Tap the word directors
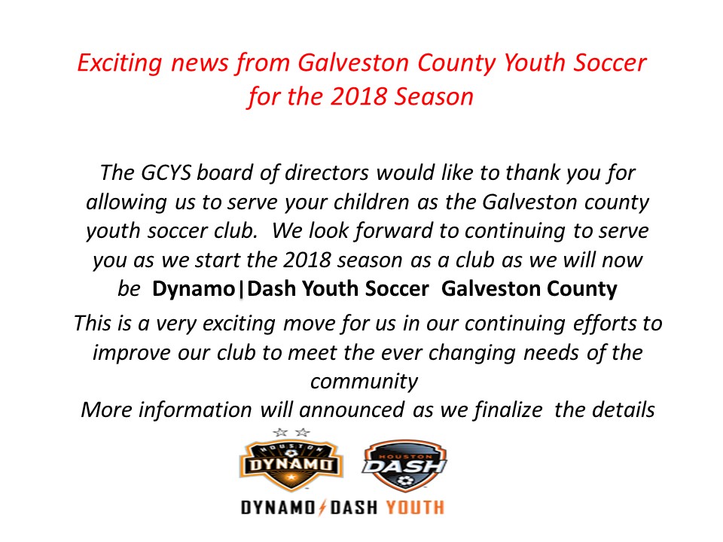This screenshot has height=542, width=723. pyautogui.click(x=326, y=173)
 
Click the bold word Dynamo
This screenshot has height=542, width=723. pyautogui.click(x=194, y=289)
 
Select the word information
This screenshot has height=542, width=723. pyautogui.click(x=195, y=410)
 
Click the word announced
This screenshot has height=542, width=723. pyautogui.click(x=352, y=410)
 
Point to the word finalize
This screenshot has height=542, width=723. pyautogui.click(x=508, y=410)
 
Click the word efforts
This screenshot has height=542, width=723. pyautogui.click(x=603, y=324)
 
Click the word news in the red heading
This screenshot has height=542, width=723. pyautogui.click(x=199, y=63)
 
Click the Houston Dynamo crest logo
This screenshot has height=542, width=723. pyautogui.click(x=291, y=465)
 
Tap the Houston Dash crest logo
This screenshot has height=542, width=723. pyautogui.click(x=404, y=465)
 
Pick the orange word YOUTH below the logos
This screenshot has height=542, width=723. pyautogui.click(x=415, y=507)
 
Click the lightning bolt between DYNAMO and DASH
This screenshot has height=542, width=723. pyautogui.click(x=322, y=507)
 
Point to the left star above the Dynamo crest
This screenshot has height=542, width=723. pyautogui.click(x=280, y=432)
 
